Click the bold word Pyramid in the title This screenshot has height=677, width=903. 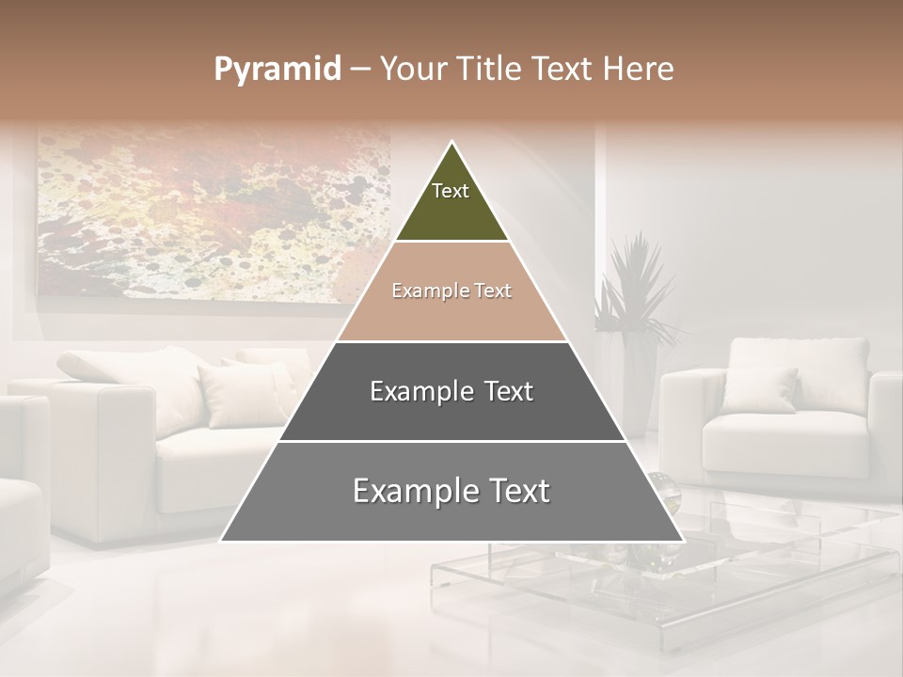(x=277, y=70)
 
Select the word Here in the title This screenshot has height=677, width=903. (x=639, y=70)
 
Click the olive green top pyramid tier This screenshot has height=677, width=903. (x=451, y=202)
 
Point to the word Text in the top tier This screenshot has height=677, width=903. (x=451, y=191)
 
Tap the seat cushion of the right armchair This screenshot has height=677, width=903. (x=785, y=437)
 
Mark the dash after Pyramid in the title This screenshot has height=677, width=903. (x=360, y=71)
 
